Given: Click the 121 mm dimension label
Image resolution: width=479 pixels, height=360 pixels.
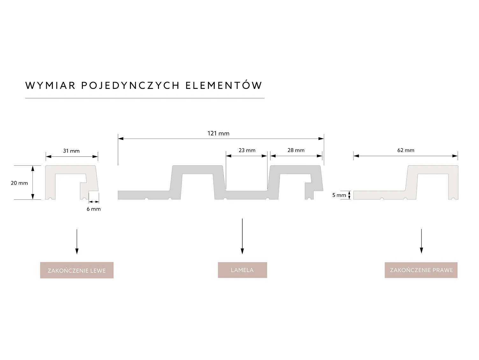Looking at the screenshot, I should (x=218, y=133).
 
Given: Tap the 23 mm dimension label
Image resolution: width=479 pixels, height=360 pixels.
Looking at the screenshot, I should (x=247, y=150).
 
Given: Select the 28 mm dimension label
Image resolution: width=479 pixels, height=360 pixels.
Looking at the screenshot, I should (x=296, y=150).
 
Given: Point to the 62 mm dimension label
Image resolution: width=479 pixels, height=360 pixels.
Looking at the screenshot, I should (x=406, y=150).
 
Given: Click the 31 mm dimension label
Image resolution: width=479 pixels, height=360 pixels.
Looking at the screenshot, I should (x=71, y=151).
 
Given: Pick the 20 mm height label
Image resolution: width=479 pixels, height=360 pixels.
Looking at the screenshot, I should (x=19, y=183).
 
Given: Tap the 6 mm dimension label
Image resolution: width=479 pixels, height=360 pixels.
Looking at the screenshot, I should (x=94, y=209).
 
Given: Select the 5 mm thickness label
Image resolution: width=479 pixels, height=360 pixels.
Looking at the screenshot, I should (x=339, y=195).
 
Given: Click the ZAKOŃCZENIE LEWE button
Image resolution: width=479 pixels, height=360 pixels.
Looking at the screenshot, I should (x=77, y=270).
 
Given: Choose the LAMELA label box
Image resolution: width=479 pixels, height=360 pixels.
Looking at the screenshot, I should (x=242, y=270).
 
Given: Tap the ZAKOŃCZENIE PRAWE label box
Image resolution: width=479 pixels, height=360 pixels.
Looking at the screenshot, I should (x=421, y=270).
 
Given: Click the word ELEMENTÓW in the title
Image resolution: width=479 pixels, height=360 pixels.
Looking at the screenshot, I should (x=224, y=85).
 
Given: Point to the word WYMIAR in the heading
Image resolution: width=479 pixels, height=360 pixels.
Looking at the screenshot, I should (x=50, y=85).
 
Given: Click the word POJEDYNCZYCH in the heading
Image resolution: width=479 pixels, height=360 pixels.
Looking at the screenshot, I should (x=131, y=85).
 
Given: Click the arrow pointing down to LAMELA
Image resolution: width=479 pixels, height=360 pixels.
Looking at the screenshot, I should (x=242, y=236).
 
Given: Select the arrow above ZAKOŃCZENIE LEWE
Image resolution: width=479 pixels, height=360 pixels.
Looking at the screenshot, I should (x=77, y=241).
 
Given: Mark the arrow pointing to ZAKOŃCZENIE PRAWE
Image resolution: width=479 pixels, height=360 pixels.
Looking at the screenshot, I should (x=421, y=241).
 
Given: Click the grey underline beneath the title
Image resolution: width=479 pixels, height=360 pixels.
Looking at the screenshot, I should (x=145, y=98).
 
